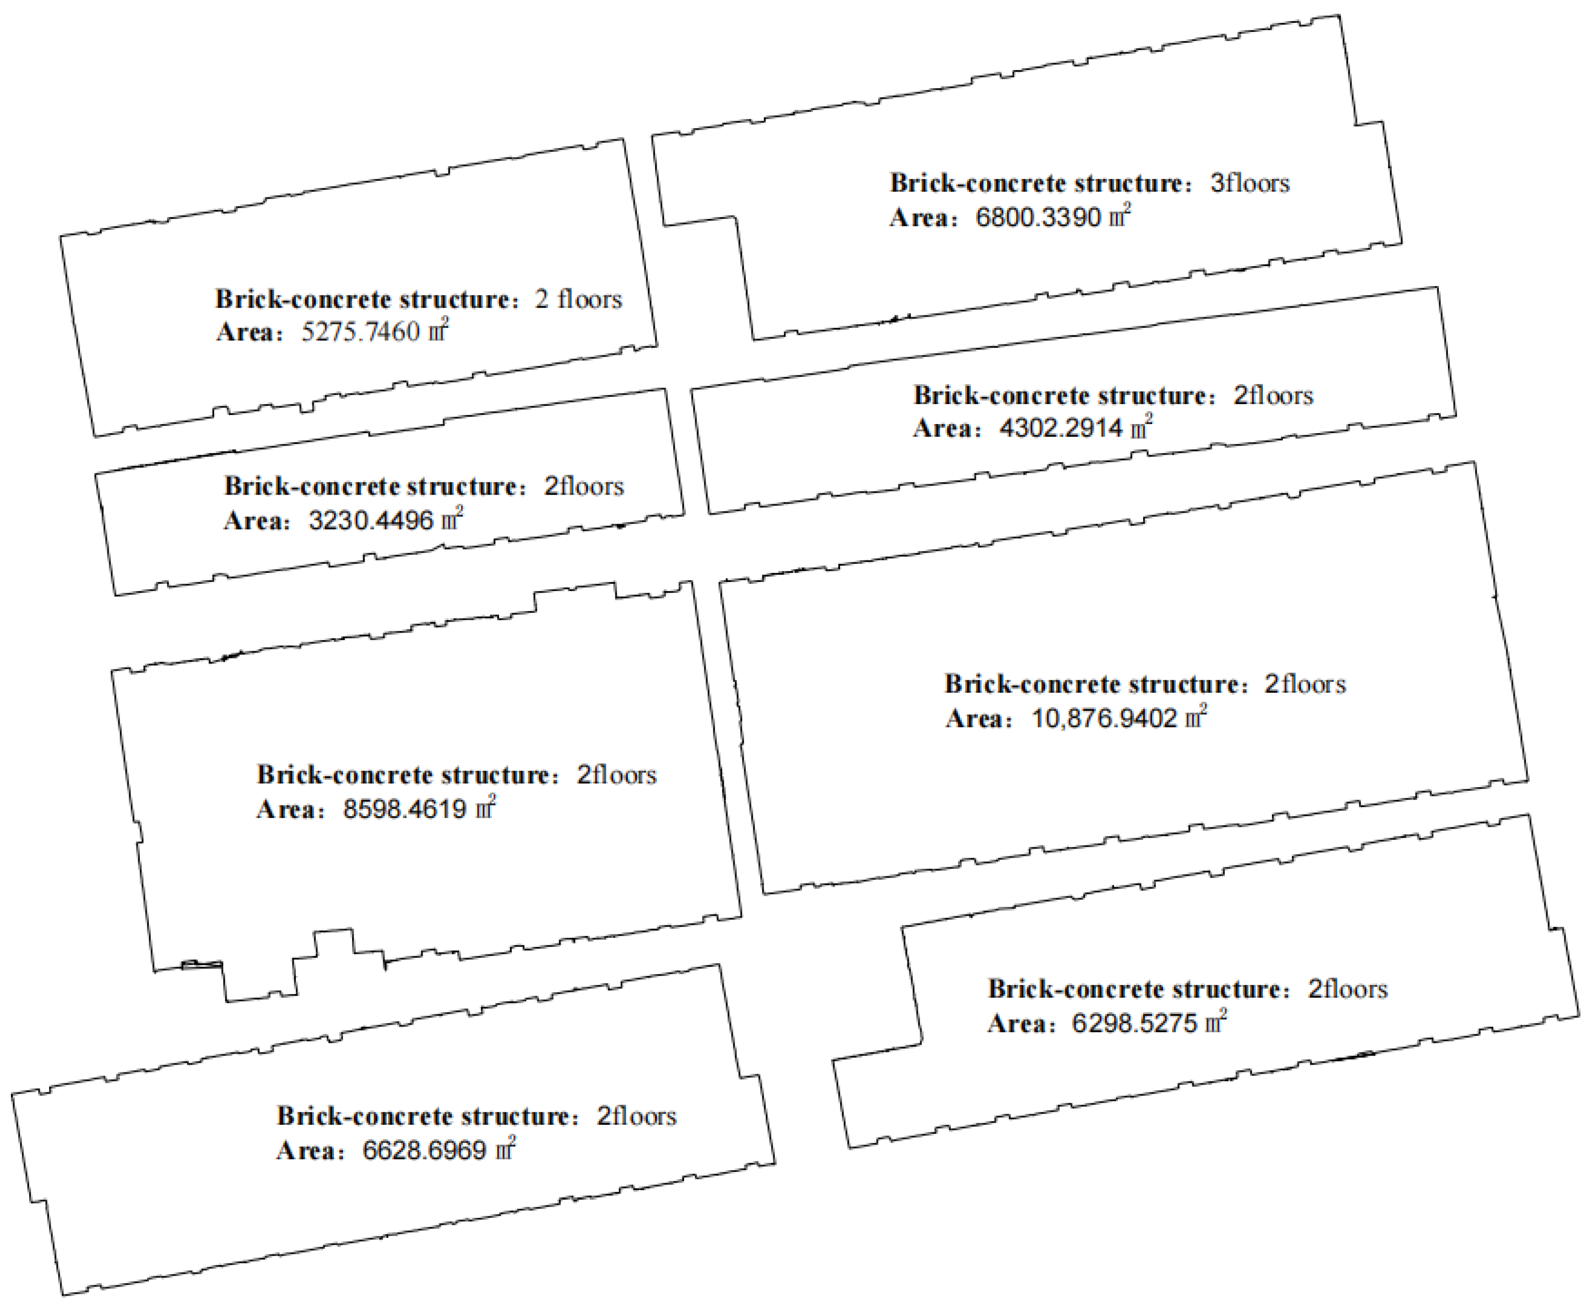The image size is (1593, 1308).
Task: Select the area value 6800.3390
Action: (x=1039, y=218)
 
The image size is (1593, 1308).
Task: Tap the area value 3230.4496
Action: (x=371, y=520)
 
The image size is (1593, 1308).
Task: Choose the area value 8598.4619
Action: (x=405, y=809)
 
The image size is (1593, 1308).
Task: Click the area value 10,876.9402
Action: (x=1104, y=718)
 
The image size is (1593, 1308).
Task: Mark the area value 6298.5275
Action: (x=1134, y=1023)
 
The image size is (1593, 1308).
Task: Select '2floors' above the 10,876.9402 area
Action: (x=1305, y=684)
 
